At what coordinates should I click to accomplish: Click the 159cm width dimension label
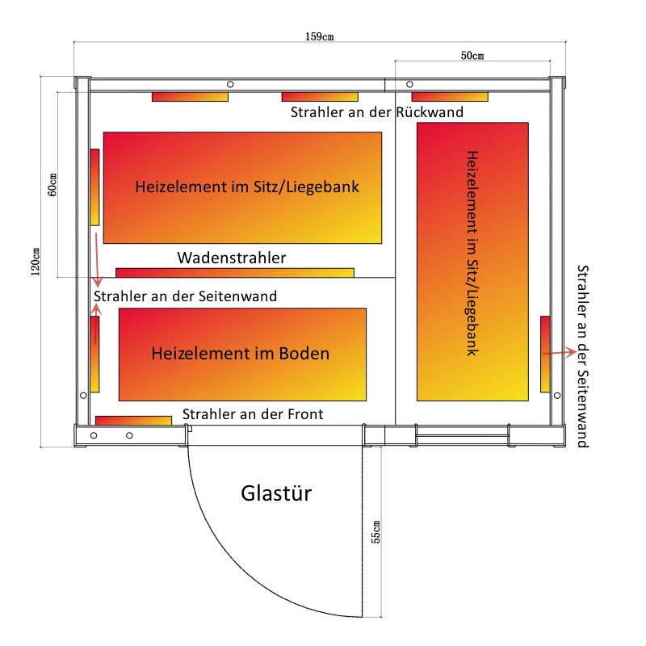point(319,36)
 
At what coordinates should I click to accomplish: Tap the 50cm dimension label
point(472,56)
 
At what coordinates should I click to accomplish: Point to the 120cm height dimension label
point(36,261)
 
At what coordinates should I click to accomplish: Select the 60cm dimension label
point(52,185)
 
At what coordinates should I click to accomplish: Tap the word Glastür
point(276,493)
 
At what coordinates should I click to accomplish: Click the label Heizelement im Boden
point(241,354)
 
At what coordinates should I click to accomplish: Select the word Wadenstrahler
point(232,258)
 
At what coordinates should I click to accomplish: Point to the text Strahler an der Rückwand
point(377,112)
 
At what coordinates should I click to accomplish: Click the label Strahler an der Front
point(253,414)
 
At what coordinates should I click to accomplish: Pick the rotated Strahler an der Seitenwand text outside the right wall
point(583,355)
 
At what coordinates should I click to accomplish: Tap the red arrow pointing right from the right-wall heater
point(560,353)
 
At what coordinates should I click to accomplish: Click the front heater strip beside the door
point(133,420)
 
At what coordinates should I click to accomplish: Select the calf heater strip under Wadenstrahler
point(234,272)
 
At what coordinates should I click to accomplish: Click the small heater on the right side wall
point(545,354)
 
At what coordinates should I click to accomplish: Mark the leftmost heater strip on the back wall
point(190,97)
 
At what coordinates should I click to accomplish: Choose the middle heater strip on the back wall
point(319,97)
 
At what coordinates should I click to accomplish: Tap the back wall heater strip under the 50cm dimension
point(449,97)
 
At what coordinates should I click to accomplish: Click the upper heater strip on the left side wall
point(94,187)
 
